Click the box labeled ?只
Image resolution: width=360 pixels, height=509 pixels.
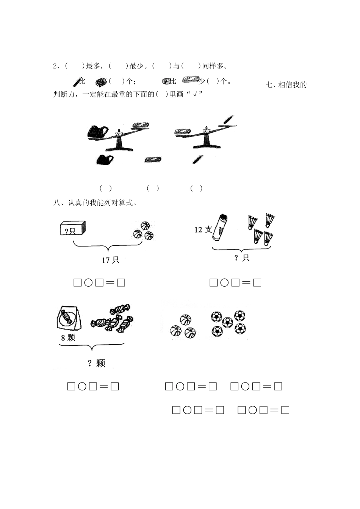[x=73, y=229]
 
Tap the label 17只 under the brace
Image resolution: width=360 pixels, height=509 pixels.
[x=110, y=260]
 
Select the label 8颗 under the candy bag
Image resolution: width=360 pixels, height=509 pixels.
[x=68, y=337]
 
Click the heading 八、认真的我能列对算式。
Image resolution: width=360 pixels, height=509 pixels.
[x=95, y=203]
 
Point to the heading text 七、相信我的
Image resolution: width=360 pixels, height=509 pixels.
[x=286, y=85]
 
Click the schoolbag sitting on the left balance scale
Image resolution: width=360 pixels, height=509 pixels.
[x=97, y=132]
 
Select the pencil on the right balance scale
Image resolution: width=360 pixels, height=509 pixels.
[x=228, y=120]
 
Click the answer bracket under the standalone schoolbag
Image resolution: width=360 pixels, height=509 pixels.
[x=106, y=188]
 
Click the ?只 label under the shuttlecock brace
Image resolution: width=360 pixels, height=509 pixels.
[x=241, y=258]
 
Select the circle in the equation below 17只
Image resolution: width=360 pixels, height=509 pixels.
[x=88, y=283]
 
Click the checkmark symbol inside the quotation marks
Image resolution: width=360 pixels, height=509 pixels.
[x=195, y=95]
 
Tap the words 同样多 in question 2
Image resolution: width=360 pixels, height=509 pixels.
[x=212, y=66]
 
